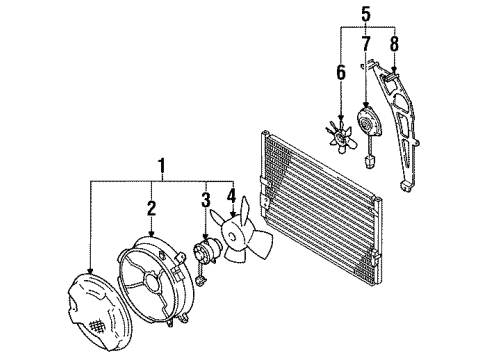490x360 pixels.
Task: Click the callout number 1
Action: pos(157,167)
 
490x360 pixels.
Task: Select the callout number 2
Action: pos(151,207)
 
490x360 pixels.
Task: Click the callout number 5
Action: pos(366,14)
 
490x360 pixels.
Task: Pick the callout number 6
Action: pos(340,71)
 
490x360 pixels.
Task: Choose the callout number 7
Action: pos(366,43)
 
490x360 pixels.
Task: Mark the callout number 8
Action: pos(395,43)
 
